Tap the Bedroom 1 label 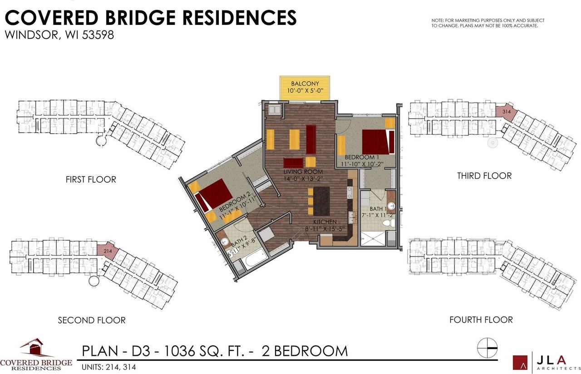click(x=361, y=157)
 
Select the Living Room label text click(x=303, y=172)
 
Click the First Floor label click(x=91, y=180)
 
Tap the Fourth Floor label click(x=481, y=320)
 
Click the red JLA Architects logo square click(x=520, y=362)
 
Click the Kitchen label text click(x=324, y=221)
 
